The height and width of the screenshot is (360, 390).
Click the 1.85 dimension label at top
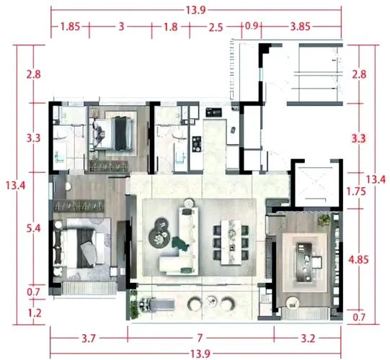[71, 27]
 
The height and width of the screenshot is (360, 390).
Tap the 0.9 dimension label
[252, 26]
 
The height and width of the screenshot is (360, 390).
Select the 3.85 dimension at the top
[300, 27]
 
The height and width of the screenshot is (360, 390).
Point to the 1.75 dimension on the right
[356, 192]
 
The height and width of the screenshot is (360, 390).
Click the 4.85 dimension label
[358, 260]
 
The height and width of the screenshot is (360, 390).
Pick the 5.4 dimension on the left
[34, 228]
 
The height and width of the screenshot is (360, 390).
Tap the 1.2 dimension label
[35, 313]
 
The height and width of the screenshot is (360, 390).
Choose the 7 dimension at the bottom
[200, 338]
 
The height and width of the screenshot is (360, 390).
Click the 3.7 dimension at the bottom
[89, 338]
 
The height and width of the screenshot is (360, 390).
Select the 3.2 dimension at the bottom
[308, 338]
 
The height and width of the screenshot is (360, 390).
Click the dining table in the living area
[231, 242]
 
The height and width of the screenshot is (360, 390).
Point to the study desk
[304, 262]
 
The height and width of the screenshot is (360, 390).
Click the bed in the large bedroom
[82, 248]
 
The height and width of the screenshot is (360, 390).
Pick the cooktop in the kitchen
[197, 144]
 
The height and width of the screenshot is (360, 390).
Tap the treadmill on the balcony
[156, 305]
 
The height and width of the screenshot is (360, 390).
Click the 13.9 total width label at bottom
[200, 354]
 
